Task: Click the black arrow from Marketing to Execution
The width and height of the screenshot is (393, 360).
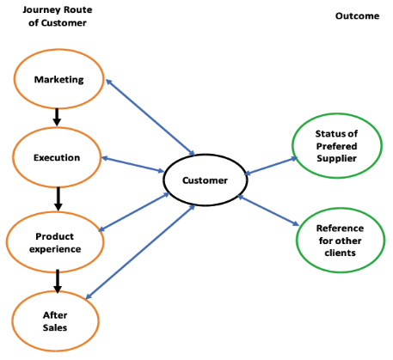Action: click(x=57, y=117)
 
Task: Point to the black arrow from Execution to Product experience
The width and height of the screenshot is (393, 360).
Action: click(x=58, y=199)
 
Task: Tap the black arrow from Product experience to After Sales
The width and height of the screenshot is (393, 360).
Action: click(x=58, y=281)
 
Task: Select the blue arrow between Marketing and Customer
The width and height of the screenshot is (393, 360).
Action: click(x=150, y=118)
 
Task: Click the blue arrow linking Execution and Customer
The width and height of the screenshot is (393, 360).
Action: click(x=132, y=164)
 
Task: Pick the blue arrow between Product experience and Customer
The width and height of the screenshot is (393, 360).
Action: click(x=134, y=211)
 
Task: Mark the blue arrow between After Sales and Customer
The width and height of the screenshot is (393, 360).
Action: click(x=140, y=252)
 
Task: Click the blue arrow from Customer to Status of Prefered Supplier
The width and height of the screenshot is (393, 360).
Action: click(x=271, y=166)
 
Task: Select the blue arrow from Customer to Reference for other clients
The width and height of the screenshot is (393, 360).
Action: click(x=268, y=211)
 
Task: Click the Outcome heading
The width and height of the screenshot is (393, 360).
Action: click(x=357, y=15)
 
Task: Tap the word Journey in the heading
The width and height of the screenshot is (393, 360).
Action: click(x=41, y=10)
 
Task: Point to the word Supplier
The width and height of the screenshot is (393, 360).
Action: click(x=337, y=158)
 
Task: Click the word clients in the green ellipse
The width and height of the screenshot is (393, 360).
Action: click(x=341, y=253)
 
